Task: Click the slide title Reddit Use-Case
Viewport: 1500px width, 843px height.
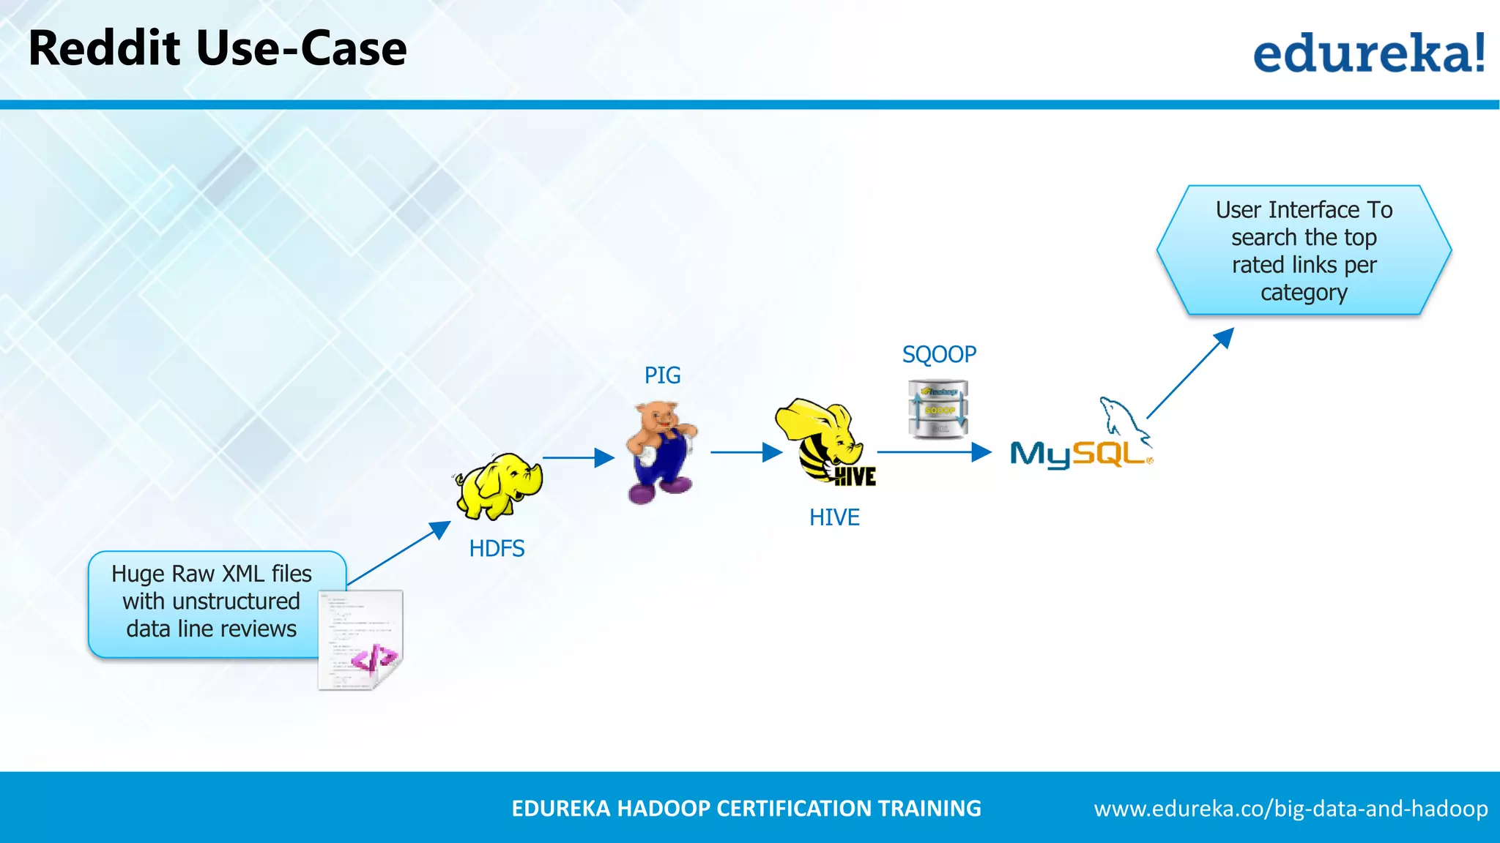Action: pos(217,49)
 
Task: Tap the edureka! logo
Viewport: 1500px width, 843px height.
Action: pos(1368,53)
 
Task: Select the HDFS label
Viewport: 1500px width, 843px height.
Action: pos(497,549)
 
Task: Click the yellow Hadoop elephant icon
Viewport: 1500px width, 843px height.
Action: pos(500,485)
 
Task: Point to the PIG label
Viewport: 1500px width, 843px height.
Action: pos(662,375)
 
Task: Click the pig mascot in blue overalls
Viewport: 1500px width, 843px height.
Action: pos(660,452)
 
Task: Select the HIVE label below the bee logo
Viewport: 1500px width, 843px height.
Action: pos(833,517)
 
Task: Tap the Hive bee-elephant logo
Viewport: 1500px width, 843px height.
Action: pos(825,442)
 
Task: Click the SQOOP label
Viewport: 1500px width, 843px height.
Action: pos(939,354)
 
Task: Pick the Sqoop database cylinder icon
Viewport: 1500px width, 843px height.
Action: pos(938,409)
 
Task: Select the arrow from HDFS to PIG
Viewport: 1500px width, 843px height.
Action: pos(578,458)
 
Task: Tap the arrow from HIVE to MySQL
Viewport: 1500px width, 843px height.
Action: pos(934,452)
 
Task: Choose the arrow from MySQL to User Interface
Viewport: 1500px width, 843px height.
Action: pos(1190,373)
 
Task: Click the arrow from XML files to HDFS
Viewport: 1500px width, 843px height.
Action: pos(399,553)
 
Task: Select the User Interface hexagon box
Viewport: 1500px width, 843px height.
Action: pos(1304,250)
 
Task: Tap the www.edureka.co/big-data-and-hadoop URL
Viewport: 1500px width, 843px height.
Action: pos(1291,809)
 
